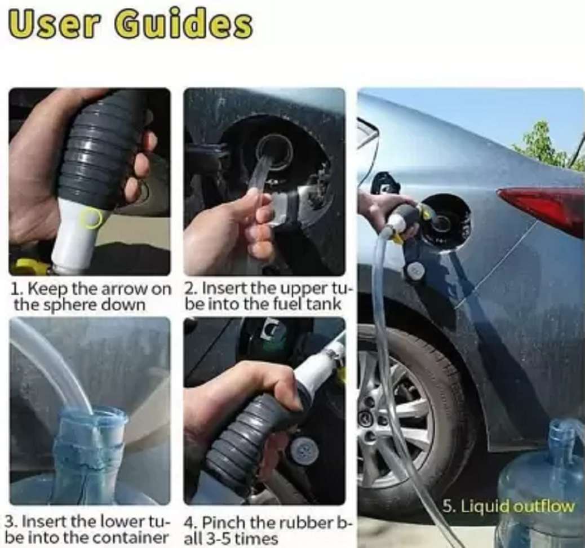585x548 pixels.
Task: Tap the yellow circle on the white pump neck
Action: [x=91, y=218]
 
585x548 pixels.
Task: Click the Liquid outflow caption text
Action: [x=509, y=507]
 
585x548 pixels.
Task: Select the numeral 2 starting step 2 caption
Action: [x=190, y=289]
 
